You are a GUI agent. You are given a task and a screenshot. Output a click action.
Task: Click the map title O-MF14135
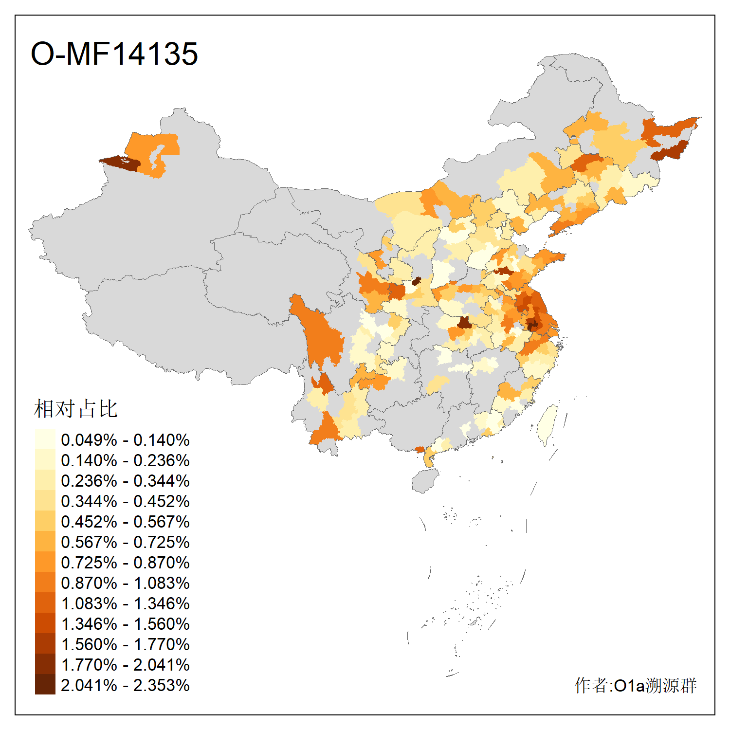[x=114, y=54]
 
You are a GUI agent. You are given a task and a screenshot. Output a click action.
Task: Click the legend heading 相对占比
[x=76, y=409]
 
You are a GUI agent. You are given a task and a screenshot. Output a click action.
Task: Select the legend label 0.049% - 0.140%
[x=125, y=440]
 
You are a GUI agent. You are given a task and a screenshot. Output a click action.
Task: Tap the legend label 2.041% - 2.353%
[x=125, y=685]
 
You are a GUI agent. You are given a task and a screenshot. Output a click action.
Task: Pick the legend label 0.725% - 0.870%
[x=125, y=563]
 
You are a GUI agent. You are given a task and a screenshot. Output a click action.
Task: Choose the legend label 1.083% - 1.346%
[x=125, y=603]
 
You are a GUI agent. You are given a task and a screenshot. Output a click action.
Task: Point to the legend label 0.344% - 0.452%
[x=125, y=501]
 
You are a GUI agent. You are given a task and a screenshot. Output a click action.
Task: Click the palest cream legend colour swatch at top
[x=45, y=439]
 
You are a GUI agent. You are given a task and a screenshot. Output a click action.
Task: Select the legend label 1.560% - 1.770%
[x=125, y=644]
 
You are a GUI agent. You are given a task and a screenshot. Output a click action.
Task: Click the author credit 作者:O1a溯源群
[x=635, y=685]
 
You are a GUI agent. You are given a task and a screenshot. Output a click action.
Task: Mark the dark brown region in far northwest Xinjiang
[x=122, y=163]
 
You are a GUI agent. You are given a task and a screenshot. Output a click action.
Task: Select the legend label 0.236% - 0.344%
[x=125, y=481]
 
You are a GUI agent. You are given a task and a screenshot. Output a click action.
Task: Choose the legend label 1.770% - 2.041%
[x=125, y=665]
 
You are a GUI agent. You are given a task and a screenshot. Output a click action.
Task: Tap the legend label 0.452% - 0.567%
[x=125, y=522]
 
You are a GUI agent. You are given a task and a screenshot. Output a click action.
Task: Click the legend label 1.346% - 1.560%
[x=125, y=624]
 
